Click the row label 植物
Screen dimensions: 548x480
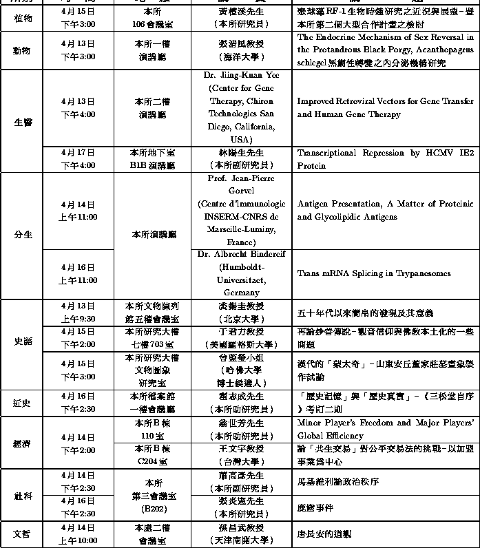point(22,19)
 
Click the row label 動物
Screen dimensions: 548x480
point(22,50)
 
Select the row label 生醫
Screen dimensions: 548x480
point(22,121)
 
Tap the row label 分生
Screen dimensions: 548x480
point(22,235)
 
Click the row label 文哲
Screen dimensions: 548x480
point(22,534)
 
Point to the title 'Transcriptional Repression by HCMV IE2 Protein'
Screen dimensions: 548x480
point(385,159)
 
